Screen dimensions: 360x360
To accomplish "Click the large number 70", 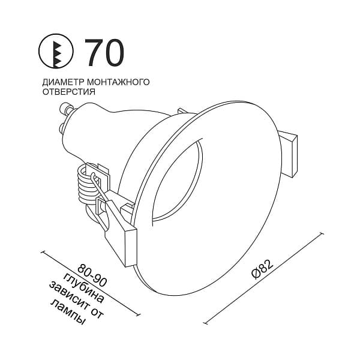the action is tap(104, 53).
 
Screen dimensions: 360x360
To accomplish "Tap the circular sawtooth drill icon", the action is tap(56, 51).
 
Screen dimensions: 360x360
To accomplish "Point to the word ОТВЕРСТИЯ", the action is tap(69, 92).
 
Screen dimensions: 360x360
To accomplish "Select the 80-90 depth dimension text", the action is tap(92, 275).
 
